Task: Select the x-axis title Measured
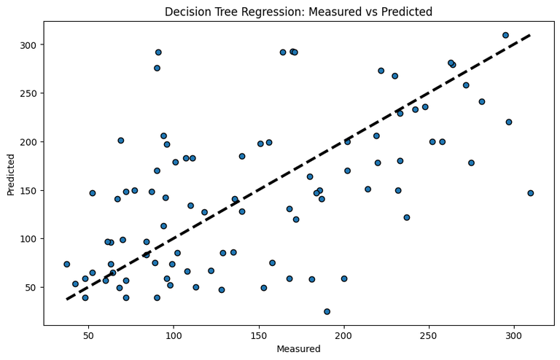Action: [298, 349]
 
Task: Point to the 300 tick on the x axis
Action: [514, 336]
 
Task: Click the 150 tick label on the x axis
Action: [259, 336]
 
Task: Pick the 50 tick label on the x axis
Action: [88, 336]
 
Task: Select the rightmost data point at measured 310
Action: [531, 193]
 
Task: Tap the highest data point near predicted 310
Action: [505, 35]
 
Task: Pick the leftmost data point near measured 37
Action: [66, 264]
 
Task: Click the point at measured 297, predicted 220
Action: [509, 122]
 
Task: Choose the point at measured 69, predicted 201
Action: [121, 141]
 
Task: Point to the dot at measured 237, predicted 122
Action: [407, 217]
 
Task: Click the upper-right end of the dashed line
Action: [531, 35]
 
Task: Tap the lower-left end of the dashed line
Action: [66, 300]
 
